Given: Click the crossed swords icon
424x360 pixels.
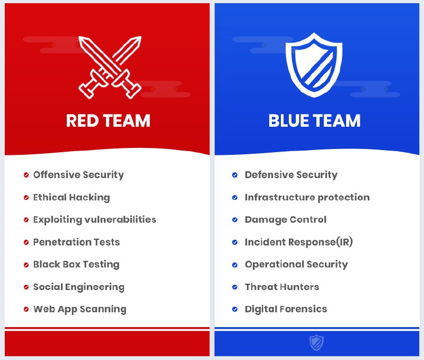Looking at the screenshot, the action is [x=110, y=67].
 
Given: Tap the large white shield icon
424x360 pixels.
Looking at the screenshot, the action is [x=314, y=65].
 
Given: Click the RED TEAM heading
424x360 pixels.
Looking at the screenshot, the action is [x=108, y=121].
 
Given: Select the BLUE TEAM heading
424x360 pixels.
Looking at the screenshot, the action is [x=314, y=121].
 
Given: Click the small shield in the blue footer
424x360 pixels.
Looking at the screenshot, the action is [x=316, y=343].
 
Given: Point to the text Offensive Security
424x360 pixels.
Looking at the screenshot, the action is [x=78, y=175].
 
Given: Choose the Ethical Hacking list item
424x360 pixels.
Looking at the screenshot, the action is [x=72, y=197].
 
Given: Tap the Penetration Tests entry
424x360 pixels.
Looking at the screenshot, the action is [x=76, y=242].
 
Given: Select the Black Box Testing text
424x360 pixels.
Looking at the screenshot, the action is [x=76, y=265].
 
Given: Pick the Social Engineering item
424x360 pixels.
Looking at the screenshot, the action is [x=79, y=287].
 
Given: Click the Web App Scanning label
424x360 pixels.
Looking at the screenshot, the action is [x=80, y=310].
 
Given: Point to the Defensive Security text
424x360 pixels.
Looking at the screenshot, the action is [x=291, y=175].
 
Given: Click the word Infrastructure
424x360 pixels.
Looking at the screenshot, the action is [x=280, y=197].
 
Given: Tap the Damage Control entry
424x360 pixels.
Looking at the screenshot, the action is [x=286, y=219].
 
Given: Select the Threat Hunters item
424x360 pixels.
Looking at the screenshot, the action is [x=282, y=287].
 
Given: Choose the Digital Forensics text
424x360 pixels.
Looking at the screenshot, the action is [x=286, y=309].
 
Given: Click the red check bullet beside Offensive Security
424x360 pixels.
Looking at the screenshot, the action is [x=26, y=175].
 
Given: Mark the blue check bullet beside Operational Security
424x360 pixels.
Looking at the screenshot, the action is [x=235, y=265].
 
